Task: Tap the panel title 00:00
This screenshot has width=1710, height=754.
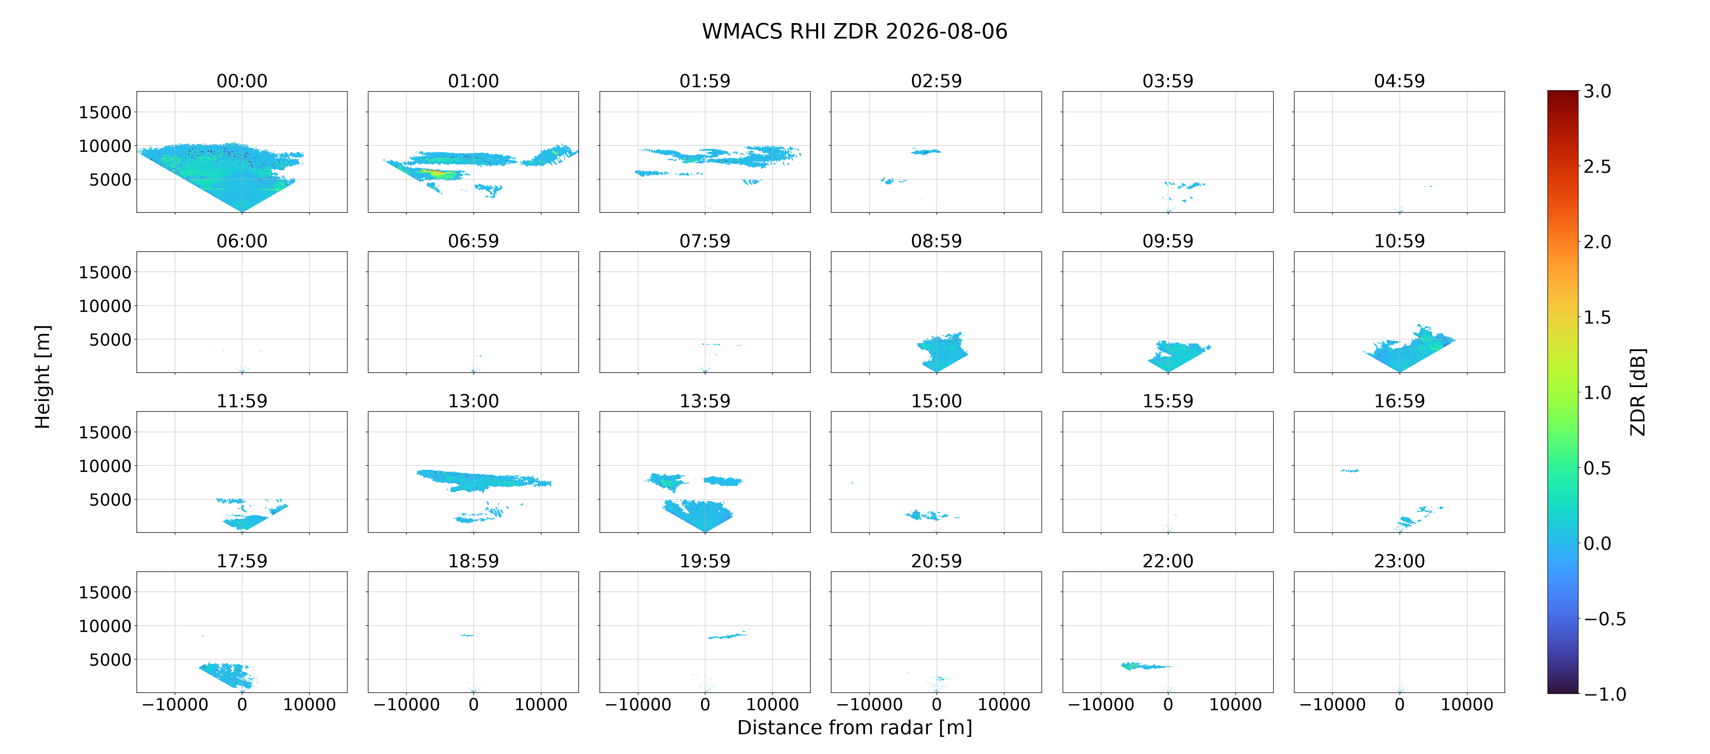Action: (242, 81)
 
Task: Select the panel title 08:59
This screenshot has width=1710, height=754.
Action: (936, 241)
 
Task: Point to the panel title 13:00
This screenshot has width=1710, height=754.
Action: (473, 401)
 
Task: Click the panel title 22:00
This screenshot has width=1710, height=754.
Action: (1167, 561)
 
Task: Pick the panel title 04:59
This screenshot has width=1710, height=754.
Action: (1399, 81)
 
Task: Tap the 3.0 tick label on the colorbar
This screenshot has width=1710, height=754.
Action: (1597, 91)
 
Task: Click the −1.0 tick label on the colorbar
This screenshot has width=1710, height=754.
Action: (1605, 694)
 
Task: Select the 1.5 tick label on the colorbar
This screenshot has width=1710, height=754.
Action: (1597, 317)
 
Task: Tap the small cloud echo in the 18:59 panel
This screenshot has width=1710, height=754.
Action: (467, 635)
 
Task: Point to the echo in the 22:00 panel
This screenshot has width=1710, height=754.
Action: (1145, 666)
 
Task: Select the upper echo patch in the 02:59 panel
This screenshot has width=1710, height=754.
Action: (925, 151)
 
